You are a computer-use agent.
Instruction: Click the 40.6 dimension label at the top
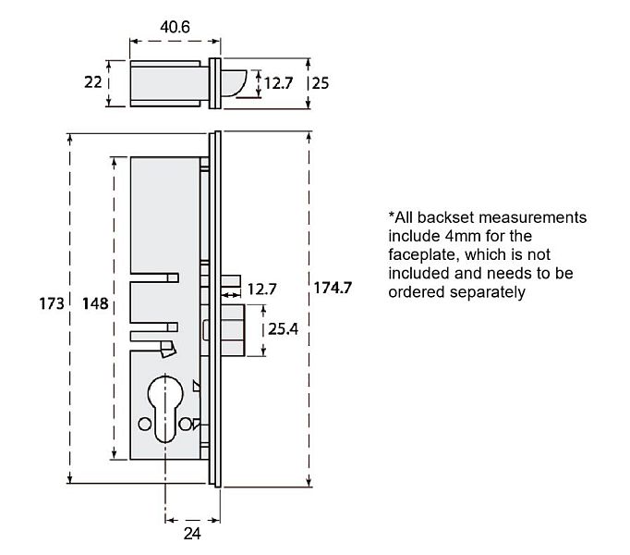click(x=175, y=28)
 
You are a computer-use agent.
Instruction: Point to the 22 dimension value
click(x=92, y=82)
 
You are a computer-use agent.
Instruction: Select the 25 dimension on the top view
click(x=321, y=82)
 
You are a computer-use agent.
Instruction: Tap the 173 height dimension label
click(x=52, y=302)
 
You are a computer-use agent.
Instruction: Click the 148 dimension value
click(x=95, y=302)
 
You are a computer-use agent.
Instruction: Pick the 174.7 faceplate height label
click(x=333, y=287)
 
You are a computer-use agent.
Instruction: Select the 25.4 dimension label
click(x=283, y=328)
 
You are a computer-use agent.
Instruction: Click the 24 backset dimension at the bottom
click(x=190, y=533)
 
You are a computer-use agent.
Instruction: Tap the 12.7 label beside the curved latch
click(x=278, y=83)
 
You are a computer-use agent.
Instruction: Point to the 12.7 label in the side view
click(x=261, y=290)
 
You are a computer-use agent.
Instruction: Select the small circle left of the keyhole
click(x=143, y=424)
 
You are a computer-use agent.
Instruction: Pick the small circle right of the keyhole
click(x=188, y=424)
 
